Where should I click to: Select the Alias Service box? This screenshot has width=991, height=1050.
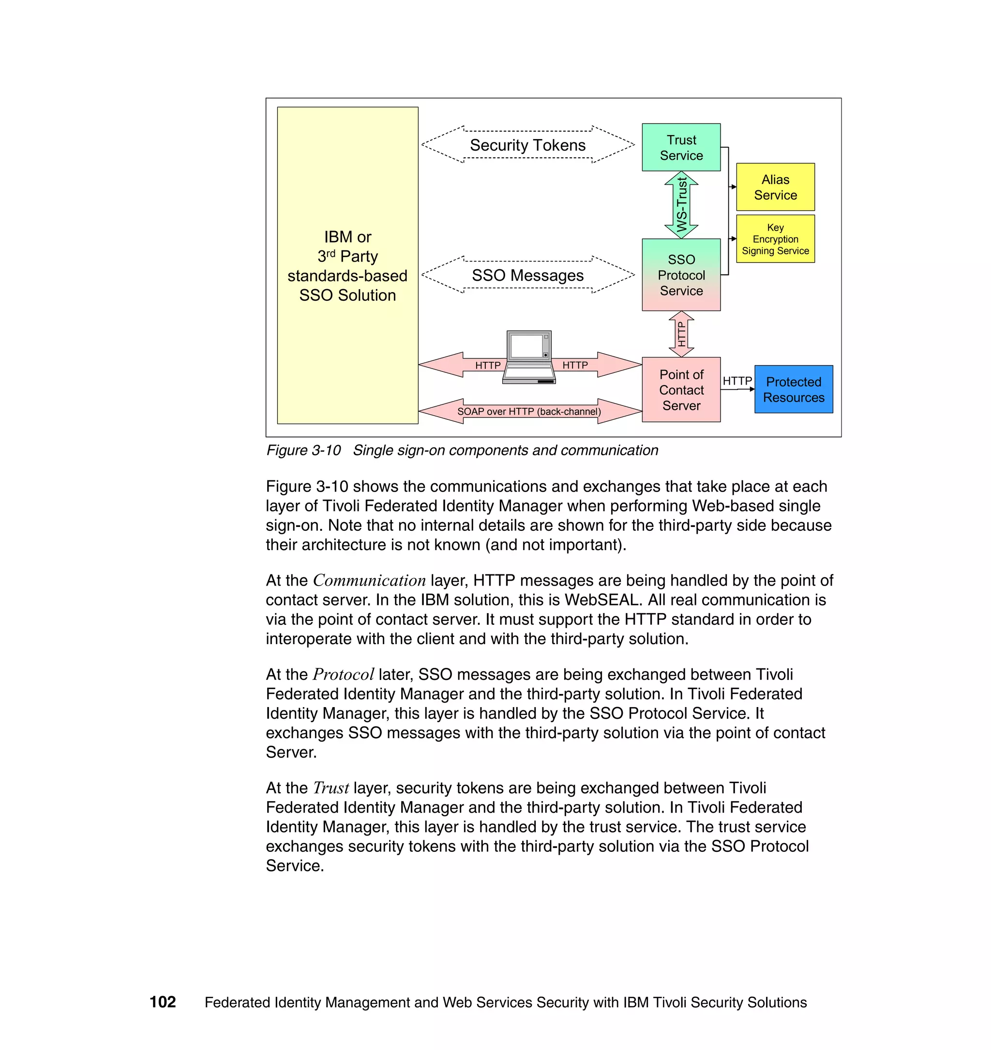pyautogui.click(x=775, y=187)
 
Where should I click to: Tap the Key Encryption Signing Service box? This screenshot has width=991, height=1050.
pyautogui.click(x=775, y=239)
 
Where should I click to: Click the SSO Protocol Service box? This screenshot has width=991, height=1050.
pyautogui.click(x=681, y=275)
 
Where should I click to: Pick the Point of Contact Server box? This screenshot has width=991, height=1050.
pyautogui.click(x=681, y=390)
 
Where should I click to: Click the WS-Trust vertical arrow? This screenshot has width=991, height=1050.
pyautogui.click(x=681, y=204)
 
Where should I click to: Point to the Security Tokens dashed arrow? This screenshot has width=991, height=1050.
pyautogui.click(x=528, y=145)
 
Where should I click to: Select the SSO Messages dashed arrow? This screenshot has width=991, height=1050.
pyautogui.click(x=528, y=275)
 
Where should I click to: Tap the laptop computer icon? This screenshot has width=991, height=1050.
pyautogui.click(x=529, y=357)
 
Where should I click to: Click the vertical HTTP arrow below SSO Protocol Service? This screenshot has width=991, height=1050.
pyautogui.click(x=681, y=334)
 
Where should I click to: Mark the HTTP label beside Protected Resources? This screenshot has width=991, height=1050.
pyautogui.click(x=737, y=381)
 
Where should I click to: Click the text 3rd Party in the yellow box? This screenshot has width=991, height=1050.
pyautogui.click(x=347, y=256)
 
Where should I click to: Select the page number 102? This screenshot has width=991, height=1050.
pyautogui.click(x=163, y=1002)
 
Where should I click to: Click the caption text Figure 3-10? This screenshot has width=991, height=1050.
pyautogui.click(x=303, y=450)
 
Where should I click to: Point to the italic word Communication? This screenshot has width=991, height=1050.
pyautogui.click(x=369, y=581)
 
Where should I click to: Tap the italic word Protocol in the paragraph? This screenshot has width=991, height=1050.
pyautogui.click(x=344, y=675)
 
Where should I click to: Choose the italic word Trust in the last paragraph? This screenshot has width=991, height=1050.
pyautogui.click(x=330, y=788)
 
